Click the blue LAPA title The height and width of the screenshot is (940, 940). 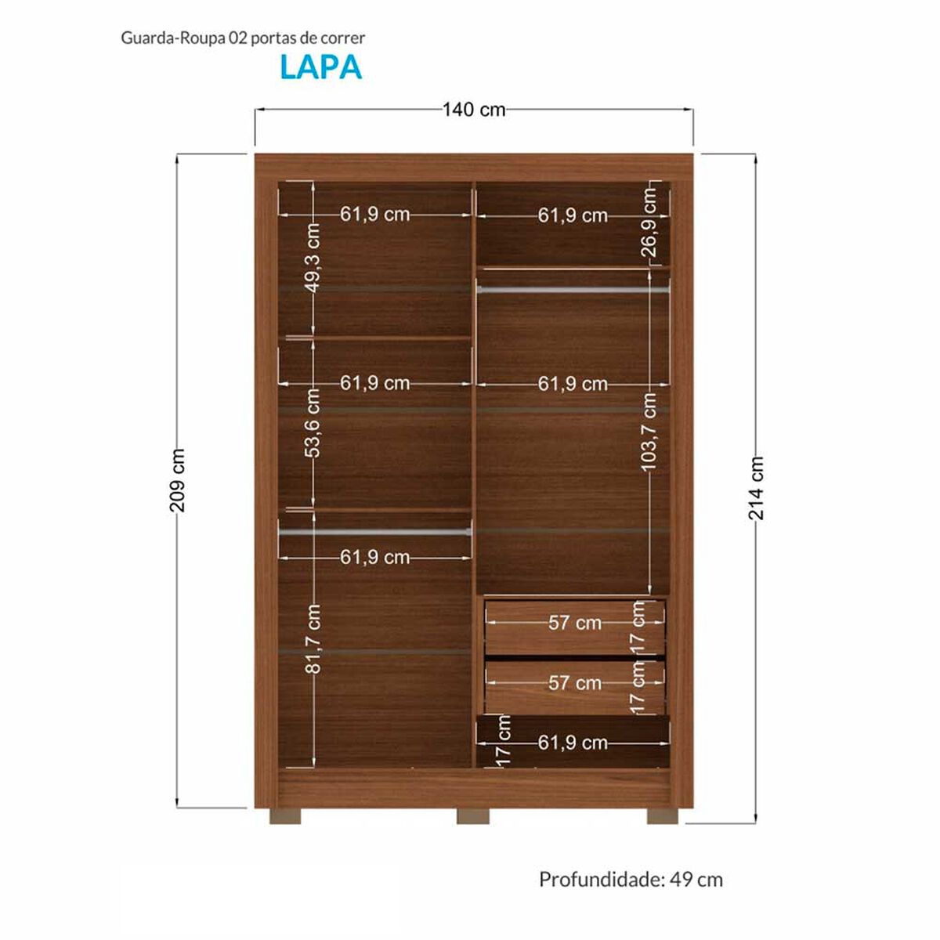pyautogui.click(x=320, y=67)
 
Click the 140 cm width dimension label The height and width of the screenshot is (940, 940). pyautogui.click(x=474, y=110)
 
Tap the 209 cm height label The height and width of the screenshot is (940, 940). pyautogui.click(x=178, y=480)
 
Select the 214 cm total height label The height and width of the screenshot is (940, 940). pyautogui.click(x=756, y=488)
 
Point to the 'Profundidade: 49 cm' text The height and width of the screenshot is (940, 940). pyautogui.click(x=631, y=880)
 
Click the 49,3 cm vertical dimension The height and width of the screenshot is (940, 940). pyautogui.click(x=313, y=257)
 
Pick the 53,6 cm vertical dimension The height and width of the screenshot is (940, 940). pyautogui.click(x=313, y=423)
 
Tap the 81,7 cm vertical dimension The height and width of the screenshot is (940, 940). pyautogui.click(x=313, y=638)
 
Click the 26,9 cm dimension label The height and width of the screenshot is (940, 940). pyautogui.click(x=650, y=222)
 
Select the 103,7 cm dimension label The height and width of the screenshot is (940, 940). pyautogui.click(x=650, y=432)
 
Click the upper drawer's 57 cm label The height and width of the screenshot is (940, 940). pyautogui.click(x=575, y=623)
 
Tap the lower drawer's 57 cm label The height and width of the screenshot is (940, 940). pyautogui.click(x=575, y=683)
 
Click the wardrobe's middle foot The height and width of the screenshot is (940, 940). pyautogui.click(x=472, y=815)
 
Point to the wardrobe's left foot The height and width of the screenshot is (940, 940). pyautogui.click(x=285, y=815)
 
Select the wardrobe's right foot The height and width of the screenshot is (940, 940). pyautogui.click(x=663, y=815)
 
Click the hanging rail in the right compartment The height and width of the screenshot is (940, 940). pyautogui.click(x=573, y=290)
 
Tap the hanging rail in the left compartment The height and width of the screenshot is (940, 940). pyautogui.click(x=374, y=531)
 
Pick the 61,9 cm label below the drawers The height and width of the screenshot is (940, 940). pyautogui.click(x=573, y=743)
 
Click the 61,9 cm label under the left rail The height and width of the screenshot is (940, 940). pyautogui.click(x=374, y=557)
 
